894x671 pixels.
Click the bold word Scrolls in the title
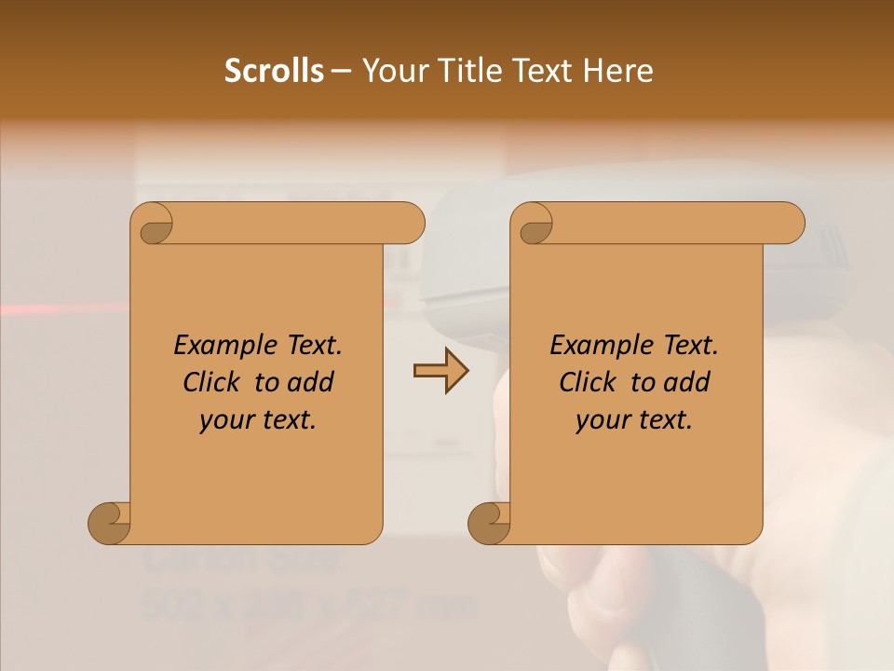(x=274, y=71)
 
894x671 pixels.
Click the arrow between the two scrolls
(x=440, y=371)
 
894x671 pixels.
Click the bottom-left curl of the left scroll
(x=110, y=523)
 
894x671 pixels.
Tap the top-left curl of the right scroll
(x=534, y=223)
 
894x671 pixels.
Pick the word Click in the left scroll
(x=211, y=382)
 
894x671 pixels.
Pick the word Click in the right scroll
(x=588, y=382)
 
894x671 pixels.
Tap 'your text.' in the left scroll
(x=257, y=420)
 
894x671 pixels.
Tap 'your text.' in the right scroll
(x=633, y=420)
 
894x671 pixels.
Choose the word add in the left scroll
(x=311, y=382)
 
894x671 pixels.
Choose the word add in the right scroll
(x=687, y=382)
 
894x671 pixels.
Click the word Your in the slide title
(x=389, y=71)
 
